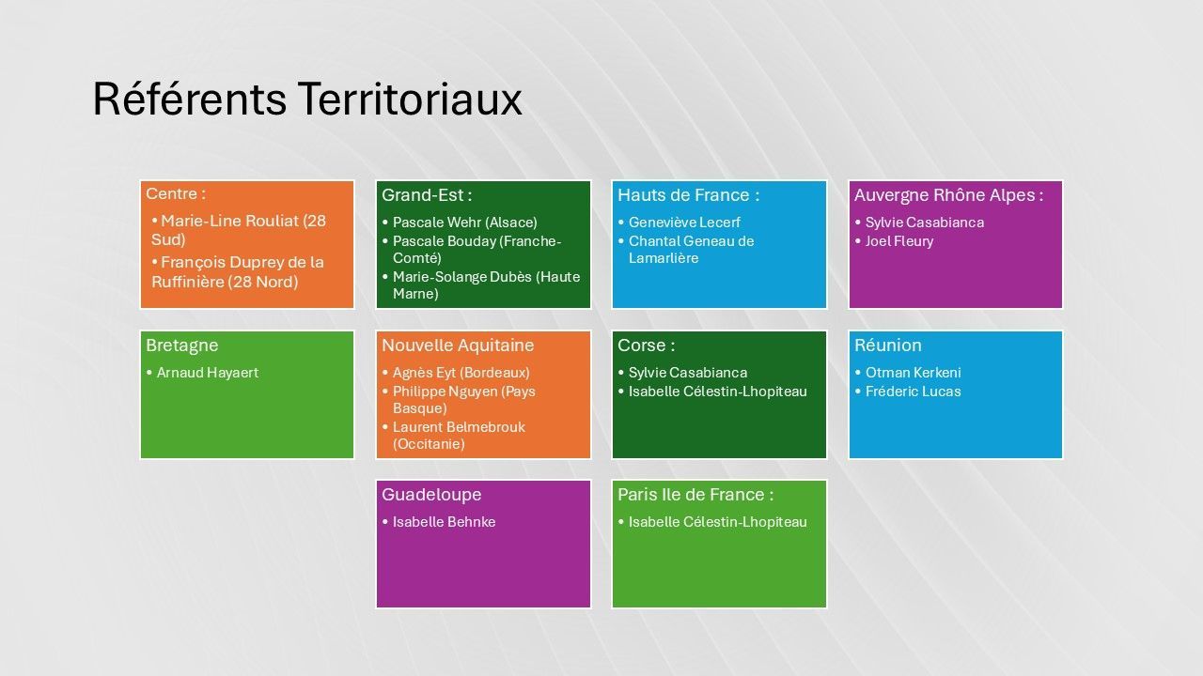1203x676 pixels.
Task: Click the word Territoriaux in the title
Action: pyautogui.click(x=409, y=99)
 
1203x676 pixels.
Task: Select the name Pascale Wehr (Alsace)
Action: pyautogui.click(x=465, y=223)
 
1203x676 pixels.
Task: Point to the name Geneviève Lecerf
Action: pyautogui.click(x=685, y=223)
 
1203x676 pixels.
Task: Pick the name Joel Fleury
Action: pyautogui.click(x=899, y=241)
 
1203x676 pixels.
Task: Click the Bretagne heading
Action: pyautogui.click(x=182, y=346)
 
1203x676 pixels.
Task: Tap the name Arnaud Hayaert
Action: pyautogui.click(x=208, y=373)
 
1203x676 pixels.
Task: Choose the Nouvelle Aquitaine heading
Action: pyautogui.click(x=458, y=345)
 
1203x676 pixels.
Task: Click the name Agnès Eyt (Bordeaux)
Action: pyautogui.click(x=461, y=373)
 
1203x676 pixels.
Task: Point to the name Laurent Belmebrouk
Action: pyautogui.click(x=460, y=427)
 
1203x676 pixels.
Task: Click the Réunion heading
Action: pyautogui.click(x=888, y=345)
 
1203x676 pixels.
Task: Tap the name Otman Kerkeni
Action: pyautogui.click(x=914, y=373)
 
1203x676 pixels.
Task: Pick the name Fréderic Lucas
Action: pyautogui.click(x=914, y=392)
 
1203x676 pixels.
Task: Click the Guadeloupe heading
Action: pyautogui.click(x=431, y=495)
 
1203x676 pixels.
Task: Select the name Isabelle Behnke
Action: pyautogui.click(x=445, y=521)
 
